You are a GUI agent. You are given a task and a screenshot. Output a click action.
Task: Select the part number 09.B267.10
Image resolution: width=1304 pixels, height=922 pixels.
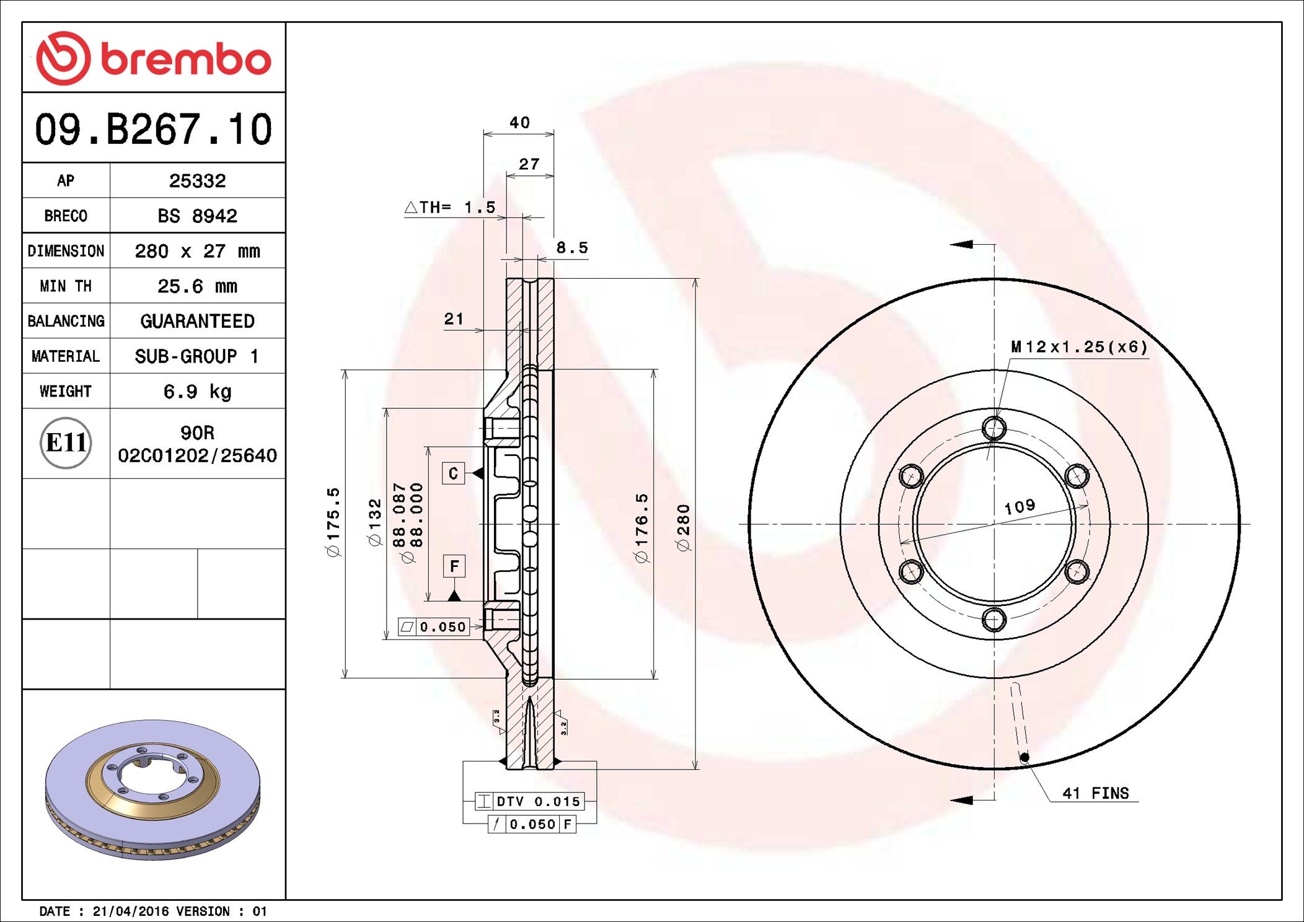pos(153,130)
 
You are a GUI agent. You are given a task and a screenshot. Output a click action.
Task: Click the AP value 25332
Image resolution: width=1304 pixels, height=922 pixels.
pos(197,181)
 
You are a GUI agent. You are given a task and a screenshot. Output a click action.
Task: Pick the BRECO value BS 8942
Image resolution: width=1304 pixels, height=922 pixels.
pos(197,216)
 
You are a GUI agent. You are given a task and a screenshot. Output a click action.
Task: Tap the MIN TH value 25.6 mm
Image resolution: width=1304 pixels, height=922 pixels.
pos(197,286)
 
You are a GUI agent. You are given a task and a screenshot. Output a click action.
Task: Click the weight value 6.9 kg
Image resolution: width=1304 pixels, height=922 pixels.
pos(197,392)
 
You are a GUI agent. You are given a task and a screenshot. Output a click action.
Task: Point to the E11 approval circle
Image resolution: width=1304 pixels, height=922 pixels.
pos(66,443)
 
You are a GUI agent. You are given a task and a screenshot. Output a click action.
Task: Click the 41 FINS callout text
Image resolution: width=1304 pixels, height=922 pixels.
pos(1095,793)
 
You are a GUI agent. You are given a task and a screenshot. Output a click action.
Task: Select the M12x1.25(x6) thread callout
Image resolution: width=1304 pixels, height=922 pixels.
pos(1079,347)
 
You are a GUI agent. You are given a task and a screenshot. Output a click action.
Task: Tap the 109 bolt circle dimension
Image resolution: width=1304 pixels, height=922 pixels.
pos(1019,507)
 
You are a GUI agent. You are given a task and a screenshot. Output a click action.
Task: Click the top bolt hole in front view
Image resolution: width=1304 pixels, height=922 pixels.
pos(994,428)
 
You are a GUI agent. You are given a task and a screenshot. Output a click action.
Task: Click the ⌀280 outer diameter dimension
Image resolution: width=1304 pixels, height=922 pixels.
pos(683,527)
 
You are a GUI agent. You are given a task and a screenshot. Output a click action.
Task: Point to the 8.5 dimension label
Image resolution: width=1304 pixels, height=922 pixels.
pos(571,248)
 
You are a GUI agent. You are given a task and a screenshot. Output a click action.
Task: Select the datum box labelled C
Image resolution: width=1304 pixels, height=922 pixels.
pos(453,473)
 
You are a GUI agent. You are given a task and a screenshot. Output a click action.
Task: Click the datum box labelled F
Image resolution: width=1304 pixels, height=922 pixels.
pos(454,566)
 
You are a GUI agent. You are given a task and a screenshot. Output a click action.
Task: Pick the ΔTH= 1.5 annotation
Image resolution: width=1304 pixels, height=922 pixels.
pos(451,208)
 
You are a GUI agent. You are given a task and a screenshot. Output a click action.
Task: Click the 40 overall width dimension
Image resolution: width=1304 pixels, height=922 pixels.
pos(519,123)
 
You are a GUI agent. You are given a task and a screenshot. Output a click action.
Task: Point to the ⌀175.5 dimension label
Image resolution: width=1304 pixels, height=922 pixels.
pos(333,522)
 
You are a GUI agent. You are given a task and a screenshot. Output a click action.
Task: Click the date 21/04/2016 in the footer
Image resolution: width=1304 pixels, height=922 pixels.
pos(130,911)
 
